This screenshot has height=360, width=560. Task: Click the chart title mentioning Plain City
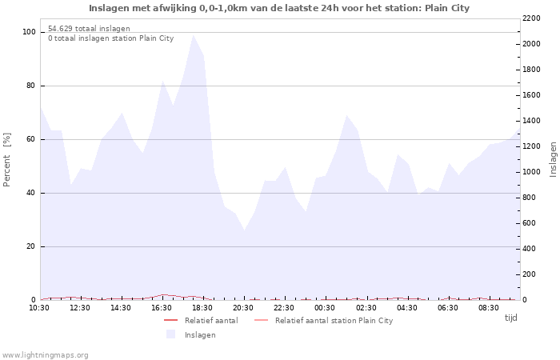[x=279, y=8]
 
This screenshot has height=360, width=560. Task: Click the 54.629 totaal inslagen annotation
[x=89, y=28]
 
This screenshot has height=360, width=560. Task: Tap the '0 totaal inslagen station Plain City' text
[x=110, y=38]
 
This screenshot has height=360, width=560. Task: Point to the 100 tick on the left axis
[x=29, y=32]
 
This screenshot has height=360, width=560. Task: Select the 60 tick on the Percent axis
[x=31, y=139]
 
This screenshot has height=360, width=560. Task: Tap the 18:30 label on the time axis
[x=203, y=307]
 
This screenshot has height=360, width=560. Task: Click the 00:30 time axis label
[x=326, y=307]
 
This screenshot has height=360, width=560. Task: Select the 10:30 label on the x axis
[x=40, y=307]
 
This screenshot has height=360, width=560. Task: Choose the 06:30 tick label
[x=448, y=307]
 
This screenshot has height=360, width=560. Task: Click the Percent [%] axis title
[x=7, y=160]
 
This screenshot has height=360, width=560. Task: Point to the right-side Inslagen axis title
[x=552, y=159]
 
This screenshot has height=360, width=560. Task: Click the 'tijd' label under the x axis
[x=510, y=318]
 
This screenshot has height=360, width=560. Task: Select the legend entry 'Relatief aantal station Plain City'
[x=334, y=321]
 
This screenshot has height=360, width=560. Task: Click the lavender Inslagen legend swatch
[x=170, y=334]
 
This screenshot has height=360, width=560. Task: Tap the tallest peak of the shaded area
[x=193, y=35]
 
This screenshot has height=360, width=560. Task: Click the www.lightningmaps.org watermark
[x=46, y=354]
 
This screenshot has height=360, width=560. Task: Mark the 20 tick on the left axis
[x=31, y=246]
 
